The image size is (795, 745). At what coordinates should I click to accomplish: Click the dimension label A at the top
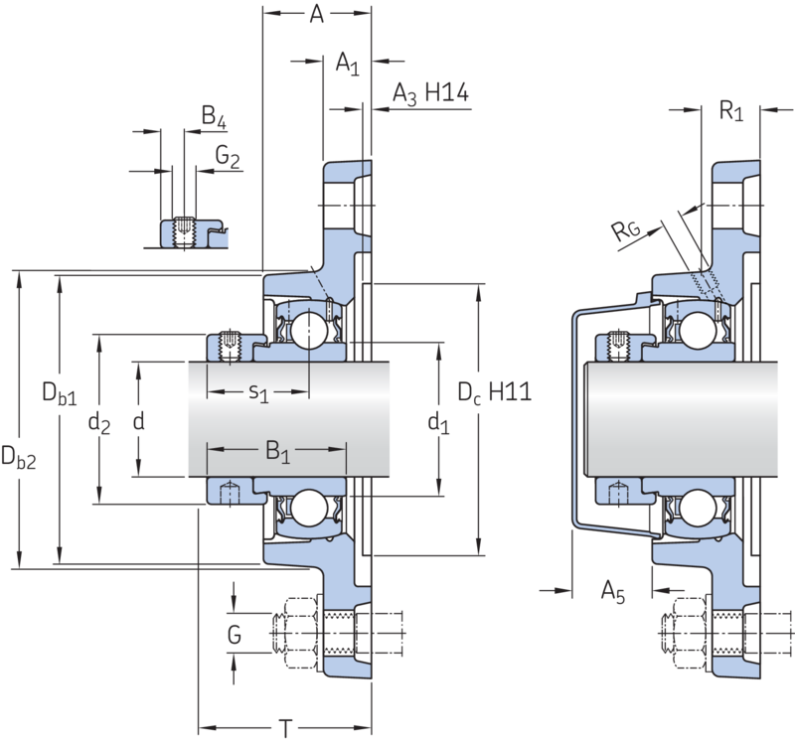click(316, 14)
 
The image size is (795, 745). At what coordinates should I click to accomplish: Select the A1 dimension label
click(347, 64)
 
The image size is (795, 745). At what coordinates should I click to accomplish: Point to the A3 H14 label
click(430, 93)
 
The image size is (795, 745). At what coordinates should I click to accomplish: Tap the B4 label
click(214, 116)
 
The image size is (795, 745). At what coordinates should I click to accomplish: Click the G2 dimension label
click(228, 156)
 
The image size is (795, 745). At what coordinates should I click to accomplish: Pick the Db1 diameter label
click(60, 393)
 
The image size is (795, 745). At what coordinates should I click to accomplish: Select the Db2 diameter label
click(18, 457)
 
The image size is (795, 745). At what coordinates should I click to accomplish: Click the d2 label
click(98, 422)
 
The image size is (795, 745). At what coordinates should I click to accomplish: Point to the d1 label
click(438, 422)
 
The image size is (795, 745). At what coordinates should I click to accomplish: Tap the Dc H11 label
click(494, 392)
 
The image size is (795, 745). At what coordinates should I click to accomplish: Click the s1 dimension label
click(258, 392)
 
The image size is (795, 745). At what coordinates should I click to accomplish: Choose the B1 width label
click(278, 451)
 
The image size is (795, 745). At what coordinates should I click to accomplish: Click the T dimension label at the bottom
click(286, 729)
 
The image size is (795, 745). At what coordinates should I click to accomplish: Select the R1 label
click(731, 110)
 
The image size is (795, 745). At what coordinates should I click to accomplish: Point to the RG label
click(626, 230)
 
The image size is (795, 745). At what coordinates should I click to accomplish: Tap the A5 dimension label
click(613, 591)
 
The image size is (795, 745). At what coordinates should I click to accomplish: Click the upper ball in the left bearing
click(309, 331)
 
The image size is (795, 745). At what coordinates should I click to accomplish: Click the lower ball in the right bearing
click(698, 508)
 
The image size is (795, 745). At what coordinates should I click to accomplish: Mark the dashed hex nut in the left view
click(300, 634)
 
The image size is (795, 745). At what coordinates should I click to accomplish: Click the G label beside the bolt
click(234, 635)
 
